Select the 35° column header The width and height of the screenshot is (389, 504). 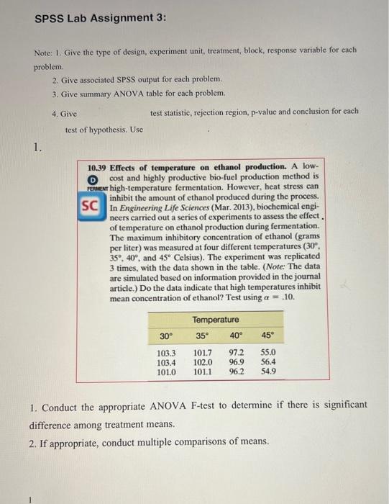click(x=202, y=336)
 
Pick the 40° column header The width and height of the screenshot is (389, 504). click(x=236, y=336)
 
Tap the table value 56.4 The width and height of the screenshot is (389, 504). click(x=269, y=363)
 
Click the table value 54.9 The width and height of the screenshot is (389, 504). click(x=269, y=372)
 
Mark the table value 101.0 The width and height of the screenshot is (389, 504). click(x=166, y=372)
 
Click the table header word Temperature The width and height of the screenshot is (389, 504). click(x=216, y=319)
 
